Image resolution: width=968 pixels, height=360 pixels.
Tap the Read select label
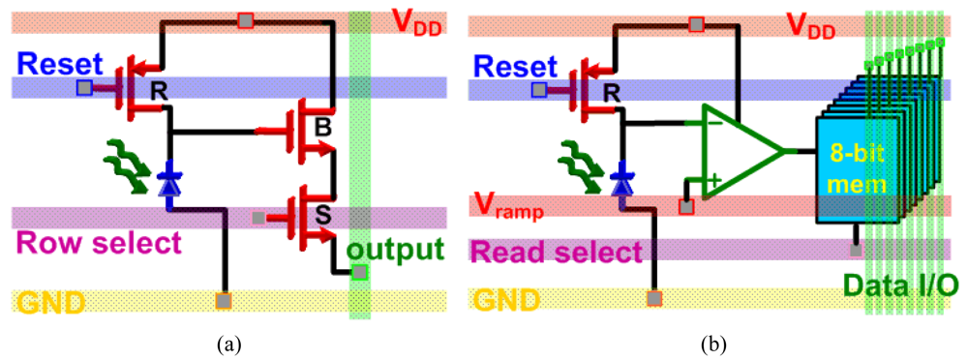coord(557,253)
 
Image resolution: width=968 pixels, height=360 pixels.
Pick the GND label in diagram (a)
coord(48,302)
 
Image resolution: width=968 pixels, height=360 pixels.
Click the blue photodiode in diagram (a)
coord(170,177)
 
